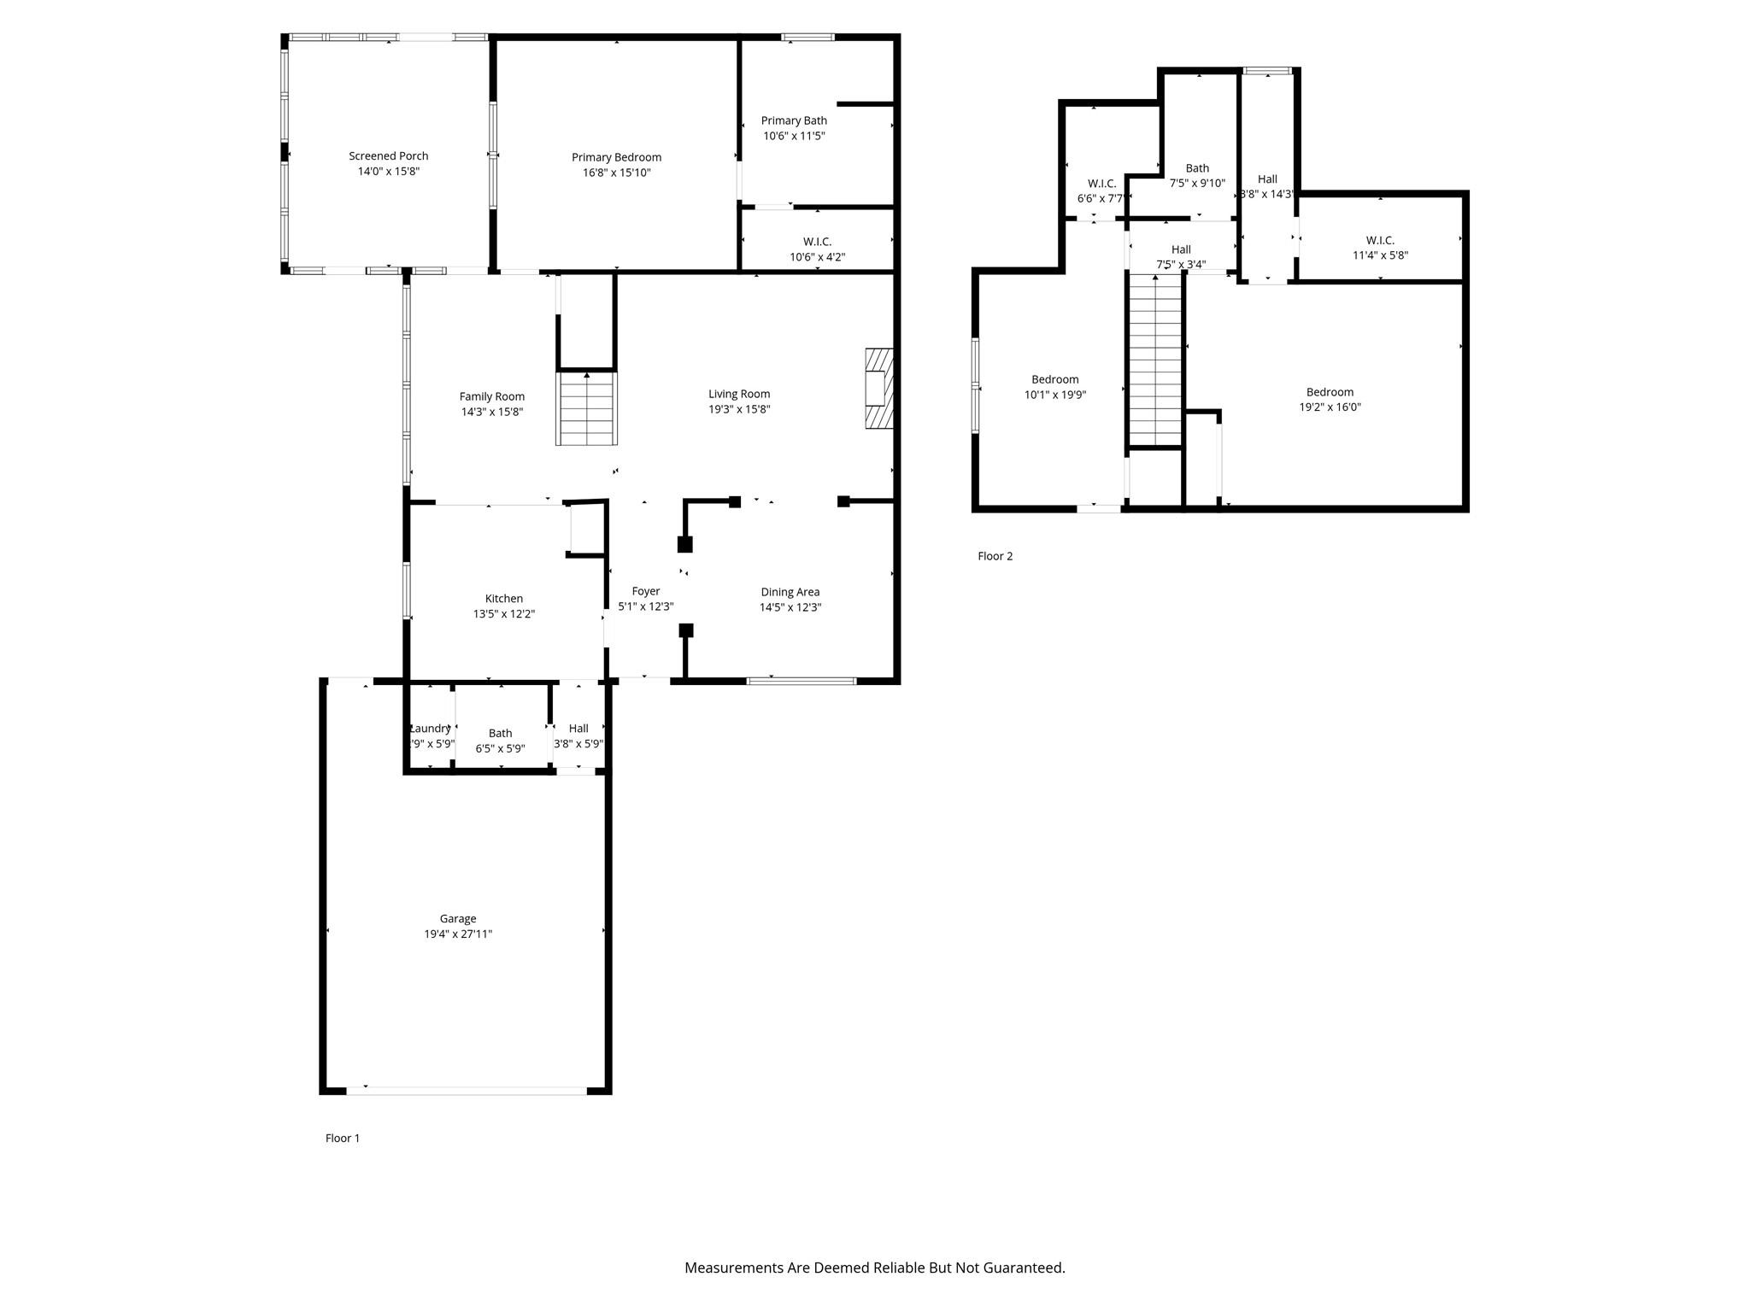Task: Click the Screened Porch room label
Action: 388,156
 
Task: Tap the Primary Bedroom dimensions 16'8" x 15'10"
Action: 616,173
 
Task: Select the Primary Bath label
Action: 794,120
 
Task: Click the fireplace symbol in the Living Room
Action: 878,388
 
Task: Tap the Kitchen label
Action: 503,599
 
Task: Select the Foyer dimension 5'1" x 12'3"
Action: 645,607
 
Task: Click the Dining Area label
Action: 790,592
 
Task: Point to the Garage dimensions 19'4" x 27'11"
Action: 458,934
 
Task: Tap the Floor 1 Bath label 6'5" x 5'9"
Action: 500,734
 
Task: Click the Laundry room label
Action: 430,729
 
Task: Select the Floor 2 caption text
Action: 995,556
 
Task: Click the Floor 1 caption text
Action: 342,1139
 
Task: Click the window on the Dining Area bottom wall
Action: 801,681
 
